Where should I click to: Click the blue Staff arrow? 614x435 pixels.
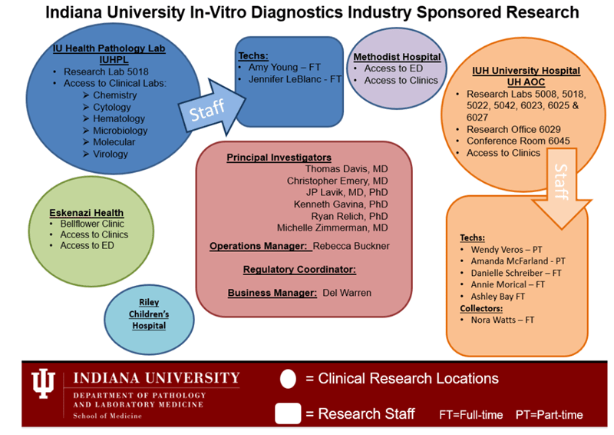click(x=205, y=110)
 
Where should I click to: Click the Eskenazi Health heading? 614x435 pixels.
click(x=86, y=212)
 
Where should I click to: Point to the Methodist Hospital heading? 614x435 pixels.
click(x=397, y=57)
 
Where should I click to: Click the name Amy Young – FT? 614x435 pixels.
click(x=285, y=67)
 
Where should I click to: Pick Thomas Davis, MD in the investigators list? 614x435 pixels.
click(x=346, y=169)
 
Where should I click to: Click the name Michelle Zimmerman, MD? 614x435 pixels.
click(x=332, y=228)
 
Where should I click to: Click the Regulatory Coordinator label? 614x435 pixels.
click(x=299, y=269)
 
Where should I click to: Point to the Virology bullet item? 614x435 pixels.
click(x=111, y=154)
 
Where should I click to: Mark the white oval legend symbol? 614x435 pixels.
click(x=289, y=379)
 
